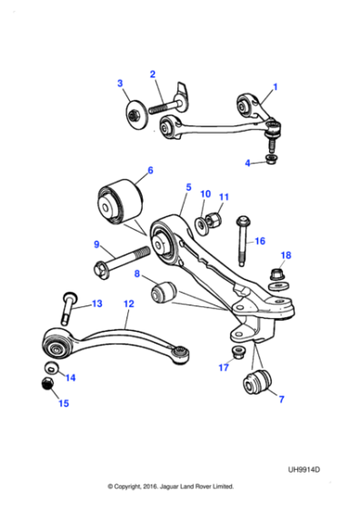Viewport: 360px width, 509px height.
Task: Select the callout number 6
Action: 149,169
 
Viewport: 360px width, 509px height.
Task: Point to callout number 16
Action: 259,242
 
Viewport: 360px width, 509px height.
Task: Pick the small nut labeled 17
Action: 238,352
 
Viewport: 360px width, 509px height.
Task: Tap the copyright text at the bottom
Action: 170,486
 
